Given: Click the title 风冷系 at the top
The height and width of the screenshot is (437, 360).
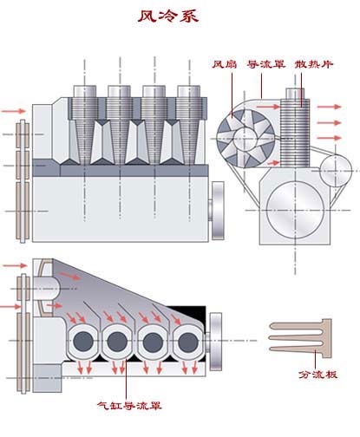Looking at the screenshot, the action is (x=168, y=16).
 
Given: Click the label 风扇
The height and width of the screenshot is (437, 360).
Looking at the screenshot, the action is (x=225, y=64).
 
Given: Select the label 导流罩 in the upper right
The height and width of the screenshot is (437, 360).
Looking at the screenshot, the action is (x=266, y=64).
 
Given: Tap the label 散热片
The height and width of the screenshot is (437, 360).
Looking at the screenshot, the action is (x=314, y=64).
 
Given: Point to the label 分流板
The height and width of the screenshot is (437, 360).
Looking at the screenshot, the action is (x=317, y=375).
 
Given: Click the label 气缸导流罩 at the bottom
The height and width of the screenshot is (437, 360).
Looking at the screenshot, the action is (x=129, y=406).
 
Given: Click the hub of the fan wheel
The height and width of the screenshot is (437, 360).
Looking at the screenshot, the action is (x=245, y=139).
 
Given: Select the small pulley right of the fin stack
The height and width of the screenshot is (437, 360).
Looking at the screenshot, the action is (x=336, y=171).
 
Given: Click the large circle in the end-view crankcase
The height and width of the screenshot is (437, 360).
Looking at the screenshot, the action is (x=295, y=211).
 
